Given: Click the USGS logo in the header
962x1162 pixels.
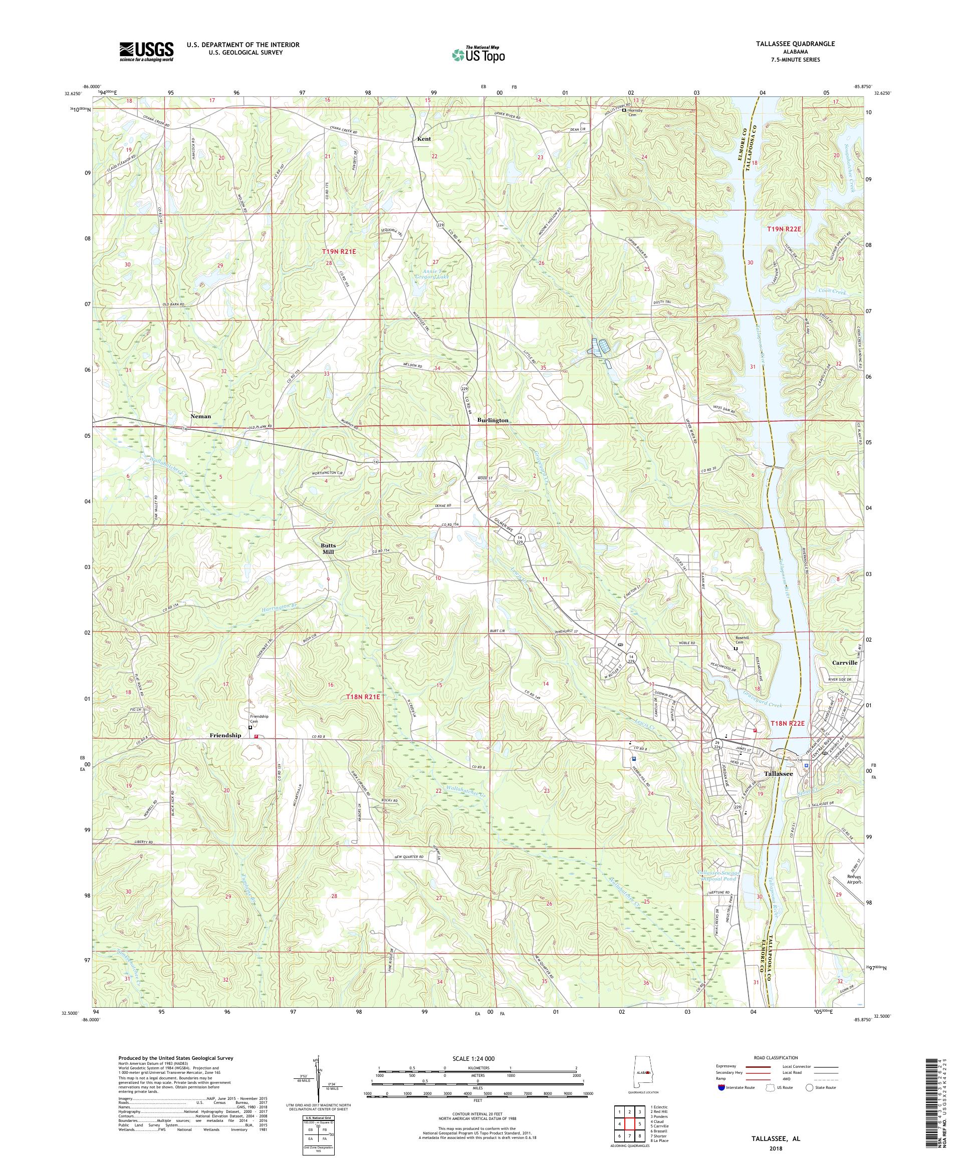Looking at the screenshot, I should coord(146,52).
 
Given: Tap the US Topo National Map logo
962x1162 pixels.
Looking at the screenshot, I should coord(479,54).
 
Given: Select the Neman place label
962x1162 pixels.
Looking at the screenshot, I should coord(200,416).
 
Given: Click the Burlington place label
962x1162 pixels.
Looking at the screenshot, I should coord(493,421).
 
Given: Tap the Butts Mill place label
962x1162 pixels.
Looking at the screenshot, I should coord(329,548).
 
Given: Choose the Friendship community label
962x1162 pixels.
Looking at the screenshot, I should coord(225,735).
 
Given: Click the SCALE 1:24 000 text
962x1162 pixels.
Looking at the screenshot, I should coord(477,1058).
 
